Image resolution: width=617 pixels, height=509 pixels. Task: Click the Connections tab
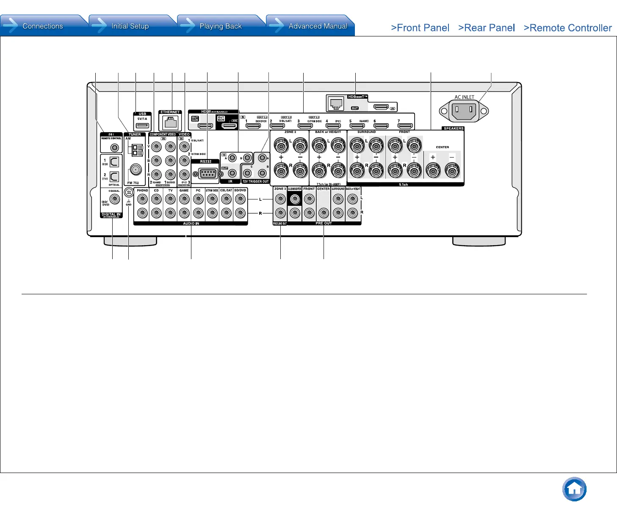point(42,26)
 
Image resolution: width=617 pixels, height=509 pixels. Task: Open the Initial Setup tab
point(130,26)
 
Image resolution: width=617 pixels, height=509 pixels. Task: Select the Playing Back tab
point(220,26)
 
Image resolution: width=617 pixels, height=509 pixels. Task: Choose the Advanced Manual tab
point(318,26)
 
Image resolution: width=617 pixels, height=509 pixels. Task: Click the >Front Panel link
point(420,28)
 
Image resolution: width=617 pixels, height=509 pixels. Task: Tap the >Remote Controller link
point(567,28)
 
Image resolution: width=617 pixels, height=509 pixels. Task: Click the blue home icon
point(574,490)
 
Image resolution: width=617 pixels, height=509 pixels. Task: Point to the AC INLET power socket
point(464,111)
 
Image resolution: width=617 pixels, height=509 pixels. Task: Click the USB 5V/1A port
point(142,125)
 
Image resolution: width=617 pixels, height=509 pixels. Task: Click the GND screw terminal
point(129,192)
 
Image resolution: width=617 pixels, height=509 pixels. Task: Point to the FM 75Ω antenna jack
point(135,170)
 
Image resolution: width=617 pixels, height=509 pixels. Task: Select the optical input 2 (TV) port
point(114,177)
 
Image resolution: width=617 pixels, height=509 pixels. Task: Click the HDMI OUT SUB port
point(205,126)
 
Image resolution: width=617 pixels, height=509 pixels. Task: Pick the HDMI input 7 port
point(405,126)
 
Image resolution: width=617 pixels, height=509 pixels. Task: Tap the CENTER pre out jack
point(324,213)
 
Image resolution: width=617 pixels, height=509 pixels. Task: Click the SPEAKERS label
point(454,128)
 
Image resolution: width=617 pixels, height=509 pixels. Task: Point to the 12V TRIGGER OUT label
point(256,181)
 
